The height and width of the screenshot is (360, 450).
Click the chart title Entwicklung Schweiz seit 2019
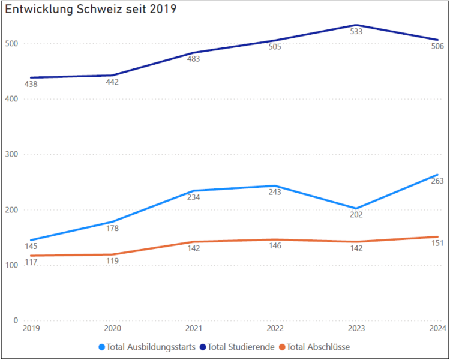tap(91, 10)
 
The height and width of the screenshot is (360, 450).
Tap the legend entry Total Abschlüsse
tap(317, 347)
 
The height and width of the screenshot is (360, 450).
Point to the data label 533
tap(356, 31)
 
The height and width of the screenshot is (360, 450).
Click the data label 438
tap(31, 84)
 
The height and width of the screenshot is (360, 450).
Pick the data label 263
tap(437, 181)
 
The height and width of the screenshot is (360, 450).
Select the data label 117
tap(31, 262)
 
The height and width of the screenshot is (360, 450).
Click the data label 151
tap(437, 243)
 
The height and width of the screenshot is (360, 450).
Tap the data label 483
tap(193, 59)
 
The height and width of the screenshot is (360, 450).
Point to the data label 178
tap(112, 228)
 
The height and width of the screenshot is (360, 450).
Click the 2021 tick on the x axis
tap(193, 328)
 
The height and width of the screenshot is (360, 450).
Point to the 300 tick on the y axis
tap(11, 154)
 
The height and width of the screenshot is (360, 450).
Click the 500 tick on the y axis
tap(11, 44)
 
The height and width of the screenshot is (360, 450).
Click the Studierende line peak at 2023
tap(356, 25)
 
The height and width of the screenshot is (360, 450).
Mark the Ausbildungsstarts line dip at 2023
tap(356, 208)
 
